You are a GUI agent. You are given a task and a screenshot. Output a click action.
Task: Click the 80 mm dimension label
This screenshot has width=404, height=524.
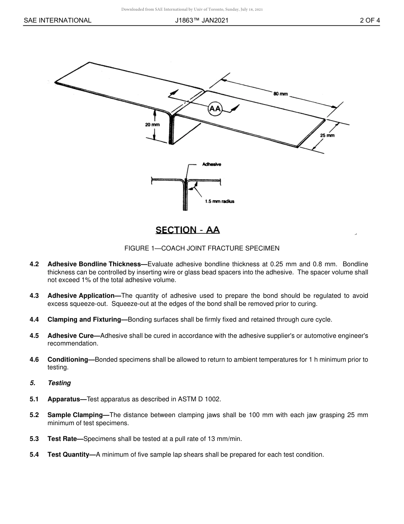(281, 93)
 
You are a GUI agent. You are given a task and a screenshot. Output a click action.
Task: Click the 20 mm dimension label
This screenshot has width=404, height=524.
(152, 125)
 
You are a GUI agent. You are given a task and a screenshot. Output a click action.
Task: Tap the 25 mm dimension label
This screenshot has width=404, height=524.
(327, 135)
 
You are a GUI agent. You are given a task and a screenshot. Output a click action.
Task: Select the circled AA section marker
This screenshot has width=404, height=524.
(215, 109)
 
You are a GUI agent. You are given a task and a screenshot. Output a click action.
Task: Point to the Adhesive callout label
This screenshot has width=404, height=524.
(211, 164)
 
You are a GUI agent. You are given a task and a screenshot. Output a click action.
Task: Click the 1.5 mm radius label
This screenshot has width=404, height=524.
(219, 201)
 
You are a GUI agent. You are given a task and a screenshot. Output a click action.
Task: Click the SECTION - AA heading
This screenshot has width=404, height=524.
(188, 230)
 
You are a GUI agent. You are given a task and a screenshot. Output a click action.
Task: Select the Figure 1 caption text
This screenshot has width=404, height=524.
(202, 248)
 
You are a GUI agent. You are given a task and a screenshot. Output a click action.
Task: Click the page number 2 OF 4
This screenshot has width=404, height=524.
(370, 20)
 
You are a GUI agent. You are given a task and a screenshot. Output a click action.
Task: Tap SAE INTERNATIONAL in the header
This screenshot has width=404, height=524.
(57, 20)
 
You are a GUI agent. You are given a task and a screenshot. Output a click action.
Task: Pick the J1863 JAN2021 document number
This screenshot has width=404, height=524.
(202, 20)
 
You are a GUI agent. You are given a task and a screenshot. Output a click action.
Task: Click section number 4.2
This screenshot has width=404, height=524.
(34, 264)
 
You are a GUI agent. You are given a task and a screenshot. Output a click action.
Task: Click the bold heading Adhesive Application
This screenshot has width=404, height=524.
(81, 296)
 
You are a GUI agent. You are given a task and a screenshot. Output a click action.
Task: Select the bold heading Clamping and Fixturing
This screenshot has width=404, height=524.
(84, 320)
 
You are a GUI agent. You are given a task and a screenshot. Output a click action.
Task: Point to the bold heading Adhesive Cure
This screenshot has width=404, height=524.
(70, 336)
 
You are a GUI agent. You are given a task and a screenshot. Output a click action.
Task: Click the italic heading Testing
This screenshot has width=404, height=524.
(59, 383)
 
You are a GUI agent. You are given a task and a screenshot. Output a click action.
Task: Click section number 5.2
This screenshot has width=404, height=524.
(34, 415)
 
